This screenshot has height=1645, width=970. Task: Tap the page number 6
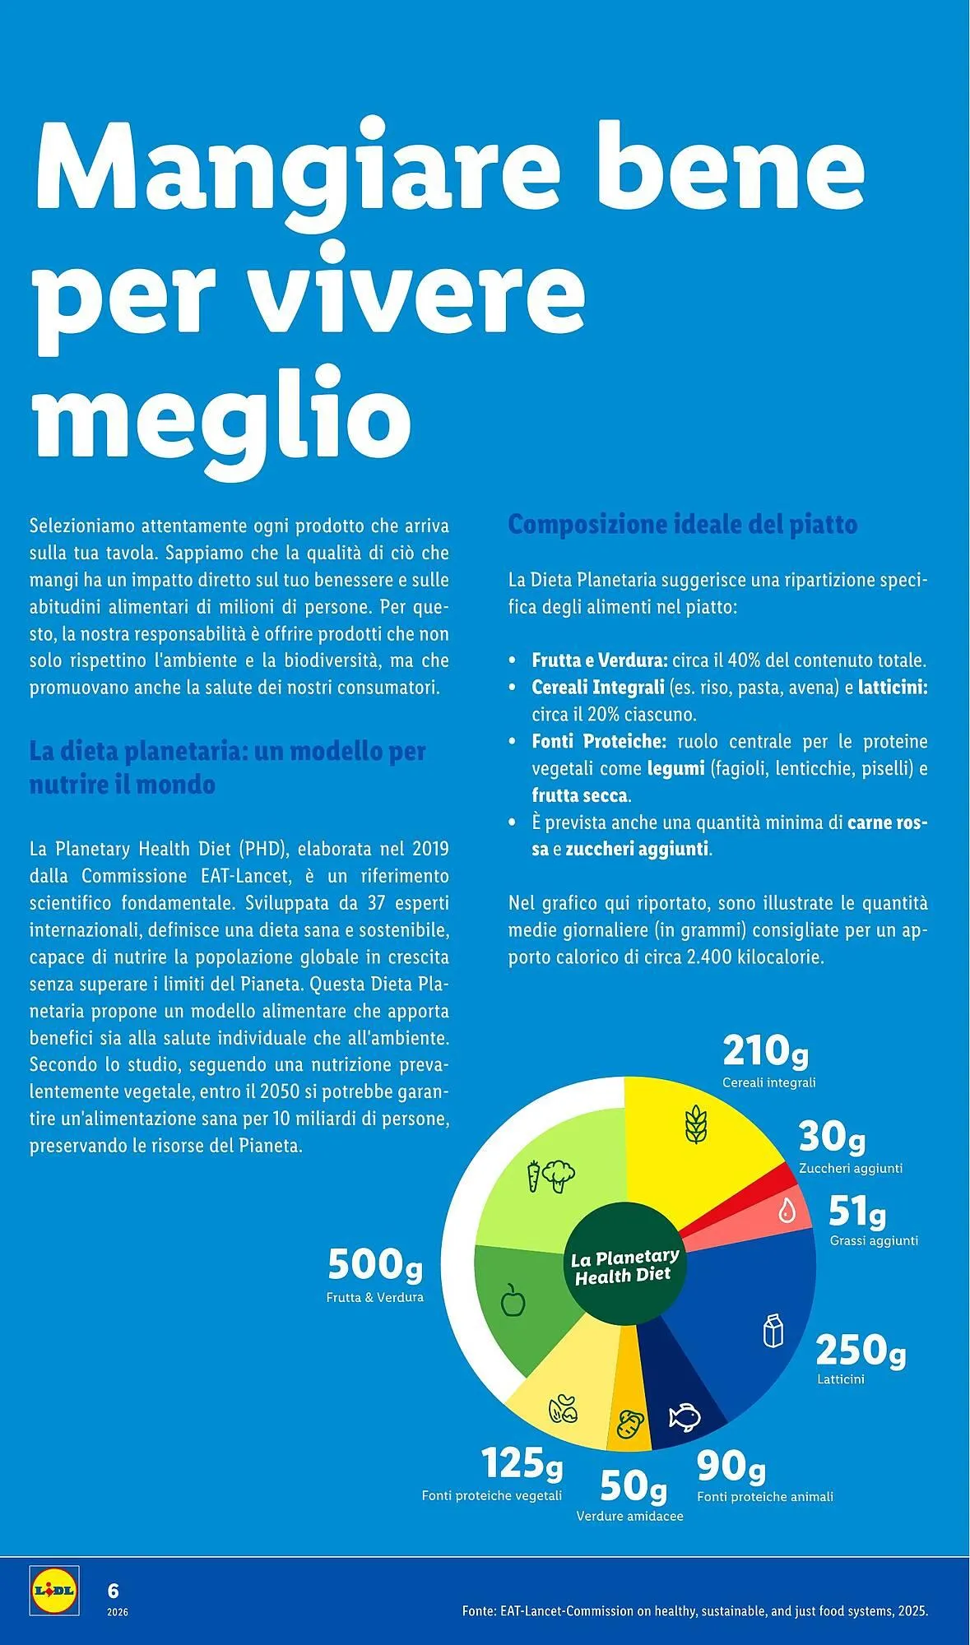tap(114, 1590)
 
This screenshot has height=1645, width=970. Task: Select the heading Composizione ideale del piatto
tap(682, 524)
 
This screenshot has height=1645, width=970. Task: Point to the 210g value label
tap(765, 1050)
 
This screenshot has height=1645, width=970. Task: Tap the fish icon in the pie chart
tap(684, 1416)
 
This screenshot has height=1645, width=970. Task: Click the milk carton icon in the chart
tap(773, 1330)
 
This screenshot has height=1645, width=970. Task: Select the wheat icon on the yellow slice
tap(695, 1124)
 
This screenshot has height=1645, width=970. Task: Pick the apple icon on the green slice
tap(513, 1300)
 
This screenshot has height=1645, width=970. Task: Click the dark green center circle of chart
tap(624, 1264)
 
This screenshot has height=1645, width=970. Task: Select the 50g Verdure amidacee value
tap(633, 1485)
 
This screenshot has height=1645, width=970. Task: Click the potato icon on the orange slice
tap(630, 1422)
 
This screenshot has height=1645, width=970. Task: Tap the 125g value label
tap(522, 1462)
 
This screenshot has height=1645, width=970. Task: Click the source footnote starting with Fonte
tap(694, 1610)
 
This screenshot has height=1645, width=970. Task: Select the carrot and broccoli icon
tap(550, 1175)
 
